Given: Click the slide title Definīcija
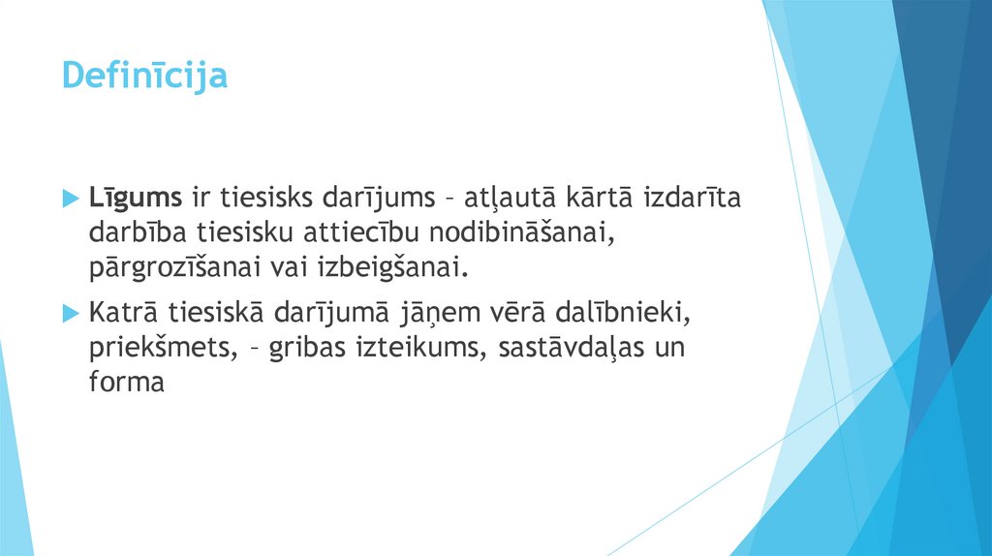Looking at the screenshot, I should point(144,75).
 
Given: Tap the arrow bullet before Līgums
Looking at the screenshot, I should point(69,199).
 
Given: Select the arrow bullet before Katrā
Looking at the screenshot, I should point(69,313).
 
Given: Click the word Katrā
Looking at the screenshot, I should point(124,313).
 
